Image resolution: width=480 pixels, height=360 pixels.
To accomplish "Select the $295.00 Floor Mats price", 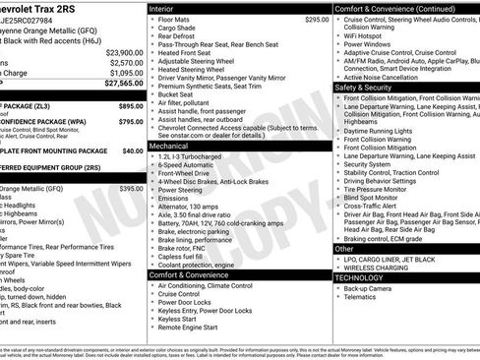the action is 317,19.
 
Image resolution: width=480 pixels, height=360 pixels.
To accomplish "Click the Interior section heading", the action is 162,8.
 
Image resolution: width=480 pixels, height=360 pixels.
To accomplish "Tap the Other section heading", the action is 345,249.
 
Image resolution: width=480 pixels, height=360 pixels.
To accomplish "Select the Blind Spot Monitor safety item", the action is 380,198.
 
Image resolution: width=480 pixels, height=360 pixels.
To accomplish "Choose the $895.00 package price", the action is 131,104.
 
